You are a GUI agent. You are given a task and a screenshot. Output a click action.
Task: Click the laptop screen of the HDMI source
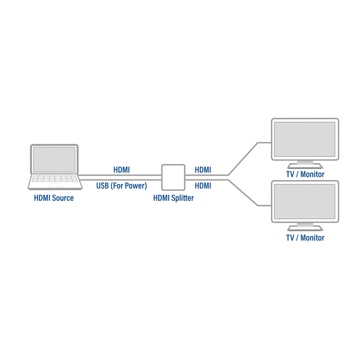(x=55, y=159)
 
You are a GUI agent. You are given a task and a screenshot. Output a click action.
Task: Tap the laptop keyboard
(x=55, y=180)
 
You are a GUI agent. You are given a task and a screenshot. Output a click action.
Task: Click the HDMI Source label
(x=54, y=198)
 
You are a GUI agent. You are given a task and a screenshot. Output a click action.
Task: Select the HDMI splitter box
(x=173, y=177)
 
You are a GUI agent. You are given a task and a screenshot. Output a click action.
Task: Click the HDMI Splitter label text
(x=174, y=198)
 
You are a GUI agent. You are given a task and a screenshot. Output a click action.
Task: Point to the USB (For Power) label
(x=121, y=186)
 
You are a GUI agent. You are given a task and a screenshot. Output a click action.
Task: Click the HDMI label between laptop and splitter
(x=121, y=169)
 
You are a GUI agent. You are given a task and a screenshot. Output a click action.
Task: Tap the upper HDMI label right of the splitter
(x=202, y=169)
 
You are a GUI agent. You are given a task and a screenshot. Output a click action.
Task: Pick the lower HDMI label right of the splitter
(x=202, y=186)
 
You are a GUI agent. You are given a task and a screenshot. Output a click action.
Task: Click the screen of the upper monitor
(x=305, y=139)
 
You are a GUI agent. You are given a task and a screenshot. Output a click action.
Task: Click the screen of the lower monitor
(x=305, y=202)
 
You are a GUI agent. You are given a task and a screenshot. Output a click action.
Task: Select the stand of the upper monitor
(x=305, y=164)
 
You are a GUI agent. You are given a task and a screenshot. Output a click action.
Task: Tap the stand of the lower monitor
(x=305, y=227)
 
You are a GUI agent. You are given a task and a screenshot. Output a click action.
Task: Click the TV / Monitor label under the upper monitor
(x=305, y=174)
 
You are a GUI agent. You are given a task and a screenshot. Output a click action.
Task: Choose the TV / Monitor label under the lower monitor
(x=305, y=238)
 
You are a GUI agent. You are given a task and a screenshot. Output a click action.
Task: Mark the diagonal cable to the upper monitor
(x=243, y=158)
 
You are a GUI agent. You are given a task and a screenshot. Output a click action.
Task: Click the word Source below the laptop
(x=63, y=198)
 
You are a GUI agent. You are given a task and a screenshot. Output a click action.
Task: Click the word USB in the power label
(x=102, y=186)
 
